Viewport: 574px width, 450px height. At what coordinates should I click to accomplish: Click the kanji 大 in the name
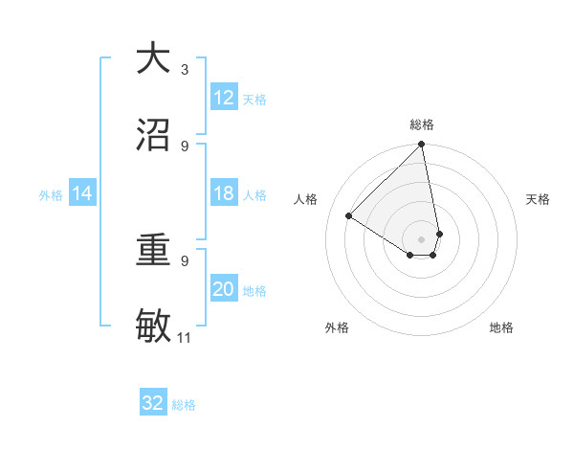point(152,58)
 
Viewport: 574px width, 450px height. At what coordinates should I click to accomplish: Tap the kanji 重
point(152,251)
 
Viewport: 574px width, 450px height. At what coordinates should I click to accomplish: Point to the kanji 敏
point(152,326)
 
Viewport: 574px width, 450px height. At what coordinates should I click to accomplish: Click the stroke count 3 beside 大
point(185,69)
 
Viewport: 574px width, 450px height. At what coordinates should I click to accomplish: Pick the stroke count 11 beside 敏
point(185,337)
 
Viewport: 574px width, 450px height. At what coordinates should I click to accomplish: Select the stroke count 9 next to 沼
point(185,146)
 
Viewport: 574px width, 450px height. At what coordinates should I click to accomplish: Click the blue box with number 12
point(224,98)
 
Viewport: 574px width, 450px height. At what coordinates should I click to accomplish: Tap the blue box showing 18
point(224,193)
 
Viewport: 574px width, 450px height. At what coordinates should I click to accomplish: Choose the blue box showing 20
point(224,289)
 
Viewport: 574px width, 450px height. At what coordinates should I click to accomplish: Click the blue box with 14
point(82,193)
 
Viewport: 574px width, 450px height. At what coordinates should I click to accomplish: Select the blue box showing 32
point(153,403)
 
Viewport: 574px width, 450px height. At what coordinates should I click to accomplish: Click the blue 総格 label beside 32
point(184,405)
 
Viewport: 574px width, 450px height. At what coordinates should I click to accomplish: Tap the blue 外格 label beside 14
point(51,195)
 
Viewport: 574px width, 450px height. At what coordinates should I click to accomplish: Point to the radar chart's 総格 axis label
point(422,124)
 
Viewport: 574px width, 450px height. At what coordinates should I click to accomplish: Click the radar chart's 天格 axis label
point(539,199)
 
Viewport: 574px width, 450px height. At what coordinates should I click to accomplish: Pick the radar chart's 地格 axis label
point(501,327)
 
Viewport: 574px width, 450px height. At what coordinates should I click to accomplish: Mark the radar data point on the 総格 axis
point(422,146)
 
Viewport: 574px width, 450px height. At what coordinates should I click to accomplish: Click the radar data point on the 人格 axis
point(349,216)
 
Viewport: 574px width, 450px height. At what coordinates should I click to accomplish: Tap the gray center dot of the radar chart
point(422,238)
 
